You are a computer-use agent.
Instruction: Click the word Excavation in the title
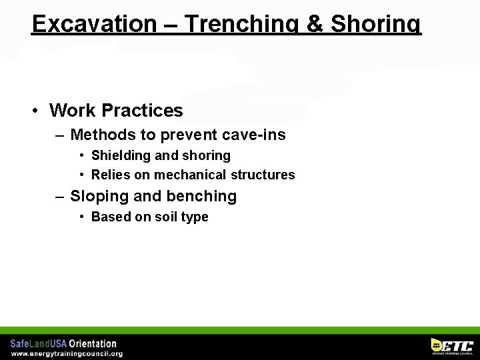[x=93, y=24]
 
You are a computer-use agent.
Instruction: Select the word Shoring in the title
[x=376, y=24]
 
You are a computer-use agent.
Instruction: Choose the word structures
[x=262, y=175]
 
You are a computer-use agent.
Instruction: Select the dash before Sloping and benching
[x=60, y=196]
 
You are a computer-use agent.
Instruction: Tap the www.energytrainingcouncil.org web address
[x=67, y=354]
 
